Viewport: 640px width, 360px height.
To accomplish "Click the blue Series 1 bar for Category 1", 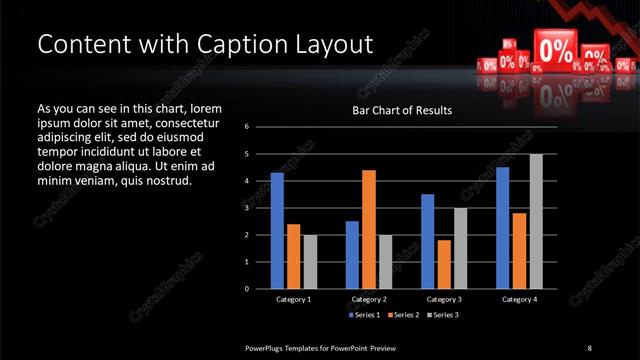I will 277,231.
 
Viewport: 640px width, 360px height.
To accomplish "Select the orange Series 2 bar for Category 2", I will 368,229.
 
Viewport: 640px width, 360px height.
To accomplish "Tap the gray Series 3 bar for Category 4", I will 536,221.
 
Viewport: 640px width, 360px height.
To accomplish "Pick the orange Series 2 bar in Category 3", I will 443,264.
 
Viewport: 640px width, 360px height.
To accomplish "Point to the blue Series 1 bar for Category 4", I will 502,228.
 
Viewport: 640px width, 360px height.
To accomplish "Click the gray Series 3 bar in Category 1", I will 310,261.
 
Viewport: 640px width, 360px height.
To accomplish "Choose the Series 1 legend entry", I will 362,315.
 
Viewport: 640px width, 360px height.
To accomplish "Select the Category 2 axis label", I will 368,299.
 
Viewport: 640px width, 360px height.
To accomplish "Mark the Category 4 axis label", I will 519,299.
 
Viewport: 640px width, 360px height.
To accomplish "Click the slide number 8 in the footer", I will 589,347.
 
